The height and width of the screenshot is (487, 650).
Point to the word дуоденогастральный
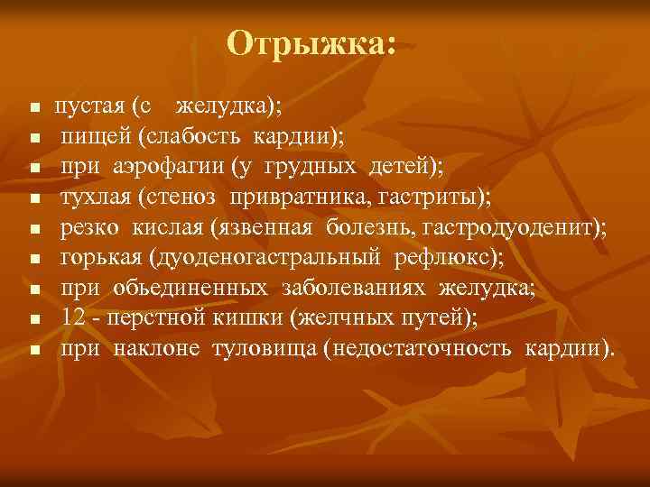[262, 260]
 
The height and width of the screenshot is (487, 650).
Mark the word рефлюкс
[444, 260]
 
